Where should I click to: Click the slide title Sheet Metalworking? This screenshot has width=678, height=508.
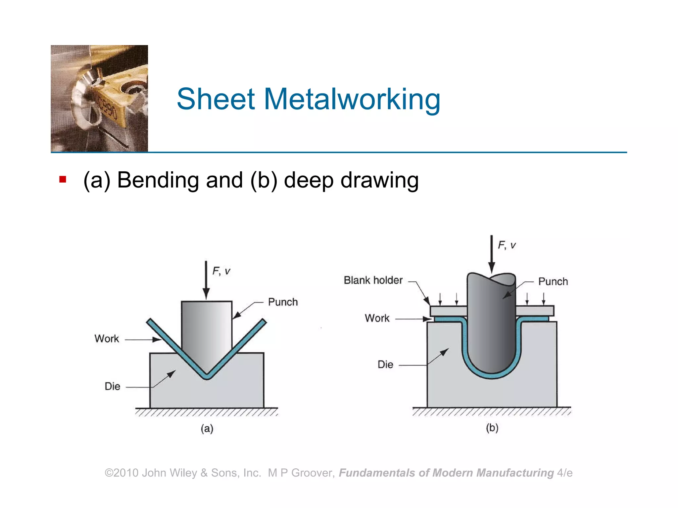[x=309, y=99]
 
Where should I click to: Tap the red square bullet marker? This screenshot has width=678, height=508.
[x=63, y=180]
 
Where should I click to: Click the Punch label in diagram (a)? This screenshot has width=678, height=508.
[x=283, y=302]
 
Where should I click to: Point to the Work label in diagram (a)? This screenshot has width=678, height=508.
[x=107, y=339]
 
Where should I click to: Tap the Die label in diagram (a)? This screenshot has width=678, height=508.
[x=112, y=386]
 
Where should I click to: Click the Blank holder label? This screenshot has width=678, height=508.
[x=373, y=280]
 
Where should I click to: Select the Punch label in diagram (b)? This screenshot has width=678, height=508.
[x=553, y=281]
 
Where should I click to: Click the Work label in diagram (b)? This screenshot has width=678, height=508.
[x=377, y=318]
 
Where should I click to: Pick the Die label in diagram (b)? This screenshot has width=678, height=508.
[x=385, y=364]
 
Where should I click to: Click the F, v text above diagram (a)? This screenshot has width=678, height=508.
[x=221, y=271]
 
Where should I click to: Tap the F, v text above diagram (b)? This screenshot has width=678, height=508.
[x=507, y=245]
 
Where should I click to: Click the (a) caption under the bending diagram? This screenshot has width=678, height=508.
[x=207, y=429]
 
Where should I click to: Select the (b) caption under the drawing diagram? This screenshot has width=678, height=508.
[x=492, y=428]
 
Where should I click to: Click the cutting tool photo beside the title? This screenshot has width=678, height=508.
[x=99, y=98]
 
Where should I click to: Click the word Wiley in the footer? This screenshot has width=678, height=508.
[x=183, y=473]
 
